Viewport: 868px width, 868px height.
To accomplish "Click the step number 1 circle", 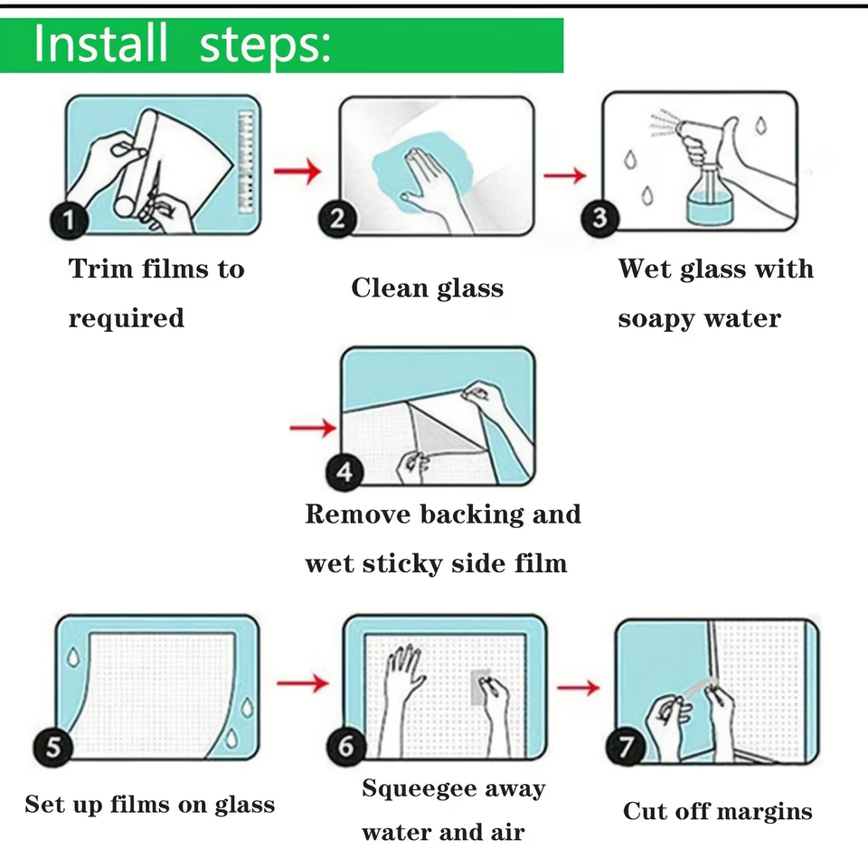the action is (70, 221).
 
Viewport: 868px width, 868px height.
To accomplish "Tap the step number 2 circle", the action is (337, 219).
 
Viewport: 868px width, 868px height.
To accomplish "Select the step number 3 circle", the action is (599, 218).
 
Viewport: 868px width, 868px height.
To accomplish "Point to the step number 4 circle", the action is (344, 472).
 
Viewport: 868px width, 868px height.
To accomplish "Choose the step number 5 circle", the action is (52, 747).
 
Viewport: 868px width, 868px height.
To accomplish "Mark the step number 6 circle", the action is (346, 746).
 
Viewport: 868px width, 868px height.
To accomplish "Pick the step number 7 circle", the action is (626, 747).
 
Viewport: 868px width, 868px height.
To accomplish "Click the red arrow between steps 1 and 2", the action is (297, 171).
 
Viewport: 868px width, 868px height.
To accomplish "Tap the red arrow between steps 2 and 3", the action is (564, 175).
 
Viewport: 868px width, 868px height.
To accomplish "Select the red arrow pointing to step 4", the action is (313, 428).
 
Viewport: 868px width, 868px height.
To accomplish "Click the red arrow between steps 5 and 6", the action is (302, 684).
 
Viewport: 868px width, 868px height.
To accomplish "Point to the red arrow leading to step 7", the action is (578, 687).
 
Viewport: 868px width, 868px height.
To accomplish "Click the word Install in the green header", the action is (100, 43).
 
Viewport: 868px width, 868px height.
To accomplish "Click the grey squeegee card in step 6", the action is (480, 686).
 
